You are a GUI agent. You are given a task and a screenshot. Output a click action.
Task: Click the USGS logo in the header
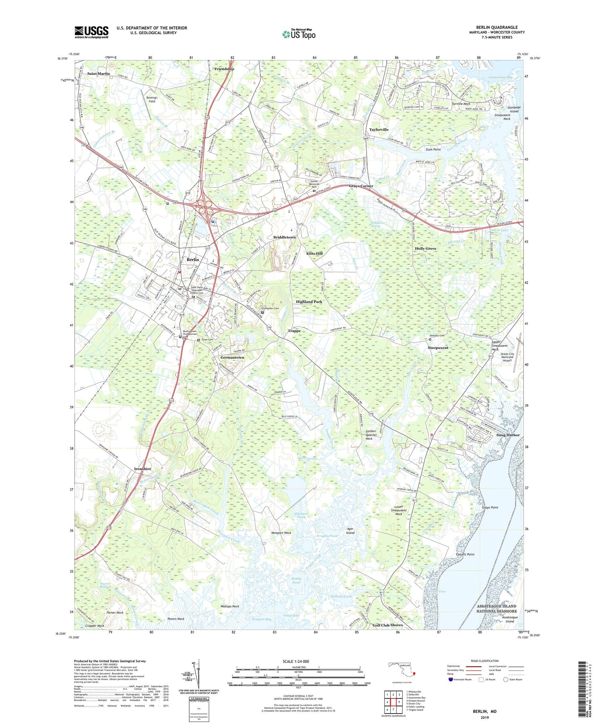91,32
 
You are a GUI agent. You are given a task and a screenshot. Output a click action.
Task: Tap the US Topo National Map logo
298,34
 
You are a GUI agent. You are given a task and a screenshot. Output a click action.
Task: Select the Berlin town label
193,260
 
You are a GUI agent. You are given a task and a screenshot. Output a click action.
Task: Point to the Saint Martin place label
99,74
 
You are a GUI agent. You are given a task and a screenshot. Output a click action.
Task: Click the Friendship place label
224,69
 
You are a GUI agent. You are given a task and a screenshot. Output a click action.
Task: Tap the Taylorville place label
379,130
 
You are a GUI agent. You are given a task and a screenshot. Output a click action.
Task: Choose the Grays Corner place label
361,186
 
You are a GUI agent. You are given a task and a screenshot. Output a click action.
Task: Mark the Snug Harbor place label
508,435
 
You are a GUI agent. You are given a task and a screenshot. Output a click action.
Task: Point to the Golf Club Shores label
387,625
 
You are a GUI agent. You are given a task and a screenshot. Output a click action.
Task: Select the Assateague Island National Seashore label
496,609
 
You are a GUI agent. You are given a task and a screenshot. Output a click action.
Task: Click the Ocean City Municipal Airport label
507,357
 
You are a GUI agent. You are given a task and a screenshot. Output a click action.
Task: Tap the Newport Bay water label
261,619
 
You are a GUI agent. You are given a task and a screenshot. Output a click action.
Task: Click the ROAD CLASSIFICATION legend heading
484,661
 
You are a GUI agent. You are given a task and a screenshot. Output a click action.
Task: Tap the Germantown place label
232,358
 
